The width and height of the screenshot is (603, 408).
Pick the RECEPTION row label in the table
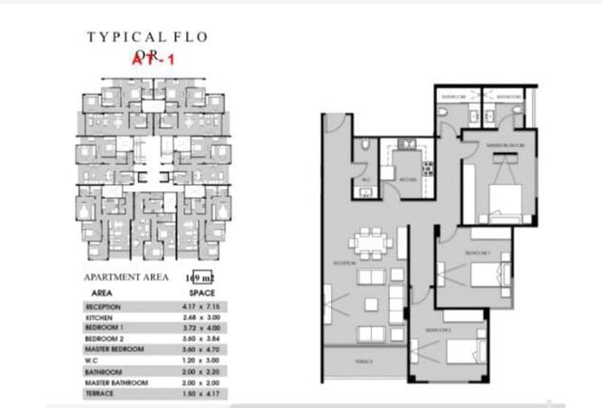click(103, 307)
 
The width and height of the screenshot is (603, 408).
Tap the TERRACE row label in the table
click(100, 394)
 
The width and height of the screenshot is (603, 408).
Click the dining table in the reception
click(370, 243)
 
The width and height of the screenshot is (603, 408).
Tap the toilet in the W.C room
click(362, 144)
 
